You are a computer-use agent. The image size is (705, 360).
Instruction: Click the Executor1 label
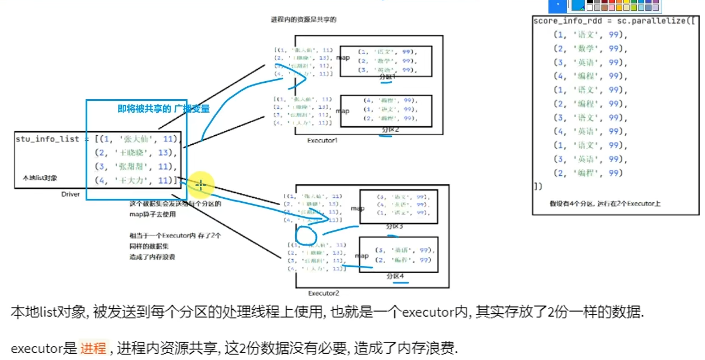click(323, 140)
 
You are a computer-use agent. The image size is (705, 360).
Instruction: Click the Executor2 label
click(324, 293)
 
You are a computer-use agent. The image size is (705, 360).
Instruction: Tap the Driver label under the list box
click(70, 194)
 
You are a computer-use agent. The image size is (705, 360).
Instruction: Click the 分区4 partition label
click(395, 277)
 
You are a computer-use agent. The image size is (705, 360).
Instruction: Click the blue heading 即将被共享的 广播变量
click(163, 109)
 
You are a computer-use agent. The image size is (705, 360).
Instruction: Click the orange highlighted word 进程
click(93, 348)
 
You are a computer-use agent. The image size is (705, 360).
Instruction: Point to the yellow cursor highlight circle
click(200, 185)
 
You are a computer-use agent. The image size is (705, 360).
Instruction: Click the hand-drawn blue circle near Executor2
click(307, 236)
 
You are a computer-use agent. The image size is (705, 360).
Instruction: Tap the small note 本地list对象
click(40, 178)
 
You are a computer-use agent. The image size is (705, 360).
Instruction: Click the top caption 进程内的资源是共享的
click(304, 19)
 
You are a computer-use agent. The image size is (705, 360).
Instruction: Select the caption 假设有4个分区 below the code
click(605, 203)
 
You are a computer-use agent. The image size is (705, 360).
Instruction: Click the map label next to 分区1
click(343, 57)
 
